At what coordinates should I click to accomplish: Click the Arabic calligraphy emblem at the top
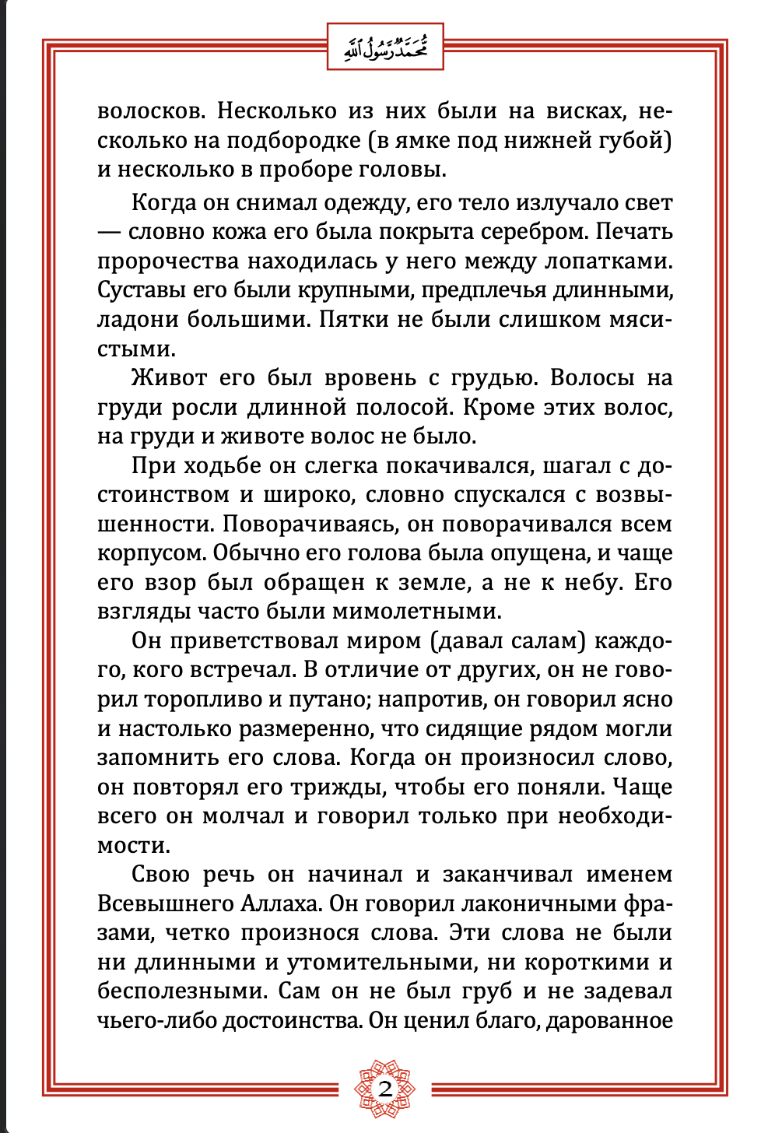click(385, 47)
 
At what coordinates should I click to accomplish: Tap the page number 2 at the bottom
click(385, 1089)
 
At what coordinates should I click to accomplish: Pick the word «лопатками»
click(605, 261)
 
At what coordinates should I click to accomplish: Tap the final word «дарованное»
click(609, 1020)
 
